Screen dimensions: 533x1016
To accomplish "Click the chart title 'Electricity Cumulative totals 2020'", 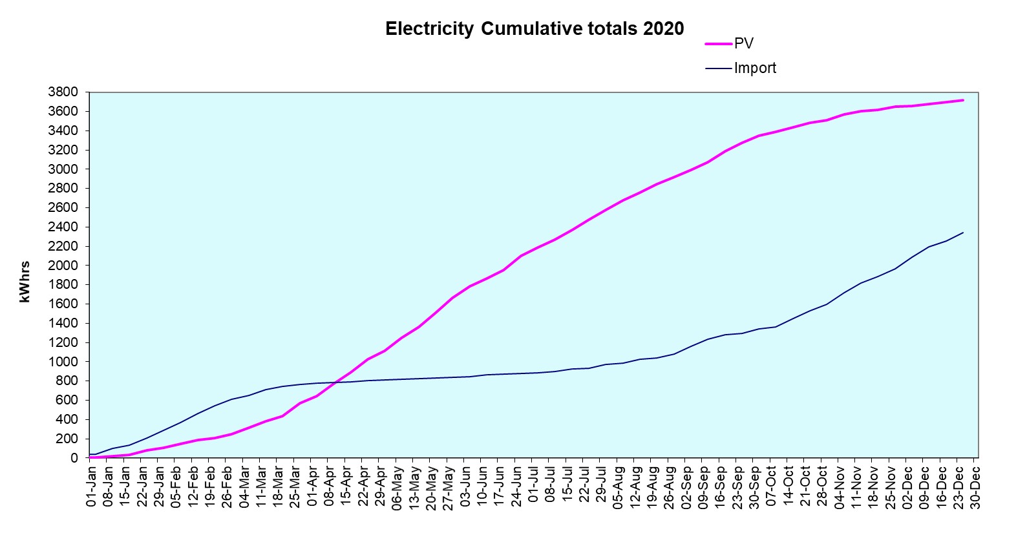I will [534, 29].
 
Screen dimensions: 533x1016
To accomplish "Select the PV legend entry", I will [744, 43].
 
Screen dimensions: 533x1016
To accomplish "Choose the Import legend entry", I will [755, 68].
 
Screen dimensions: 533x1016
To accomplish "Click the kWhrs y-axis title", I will [25, 282].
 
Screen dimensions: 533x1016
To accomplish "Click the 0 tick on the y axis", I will [74, 458].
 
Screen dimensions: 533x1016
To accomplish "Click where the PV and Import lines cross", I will [333, 382].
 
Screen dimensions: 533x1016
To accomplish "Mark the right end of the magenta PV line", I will [963, 100].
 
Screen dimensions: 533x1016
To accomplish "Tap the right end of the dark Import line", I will [963, 233].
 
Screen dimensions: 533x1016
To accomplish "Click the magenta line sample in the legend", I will [719, 43].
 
